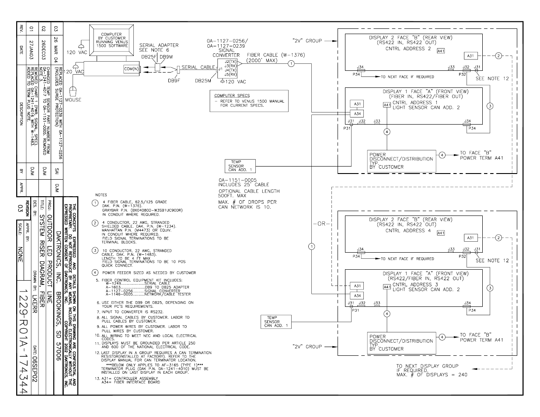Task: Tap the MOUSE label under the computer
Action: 73,100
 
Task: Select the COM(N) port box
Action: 131,69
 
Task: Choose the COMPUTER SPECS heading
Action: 232,95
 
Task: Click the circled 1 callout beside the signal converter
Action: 290,64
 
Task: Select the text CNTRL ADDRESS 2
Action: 408,49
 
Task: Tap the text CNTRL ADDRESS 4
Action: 408,230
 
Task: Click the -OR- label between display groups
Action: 321,223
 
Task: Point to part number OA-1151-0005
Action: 237,180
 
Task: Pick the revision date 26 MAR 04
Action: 56,44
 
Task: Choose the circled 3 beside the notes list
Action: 95,250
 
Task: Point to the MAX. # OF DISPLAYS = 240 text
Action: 427,375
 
